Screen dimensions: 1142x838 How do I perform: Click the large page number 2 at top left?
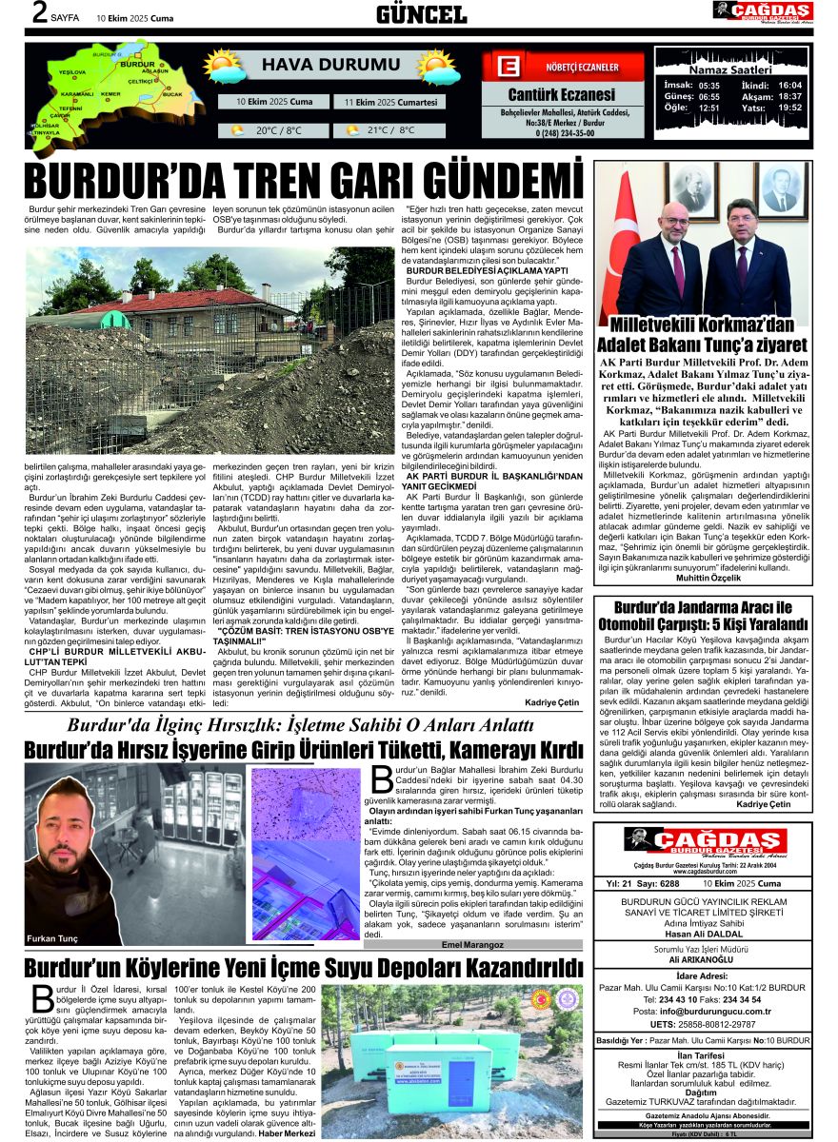pos(40,13)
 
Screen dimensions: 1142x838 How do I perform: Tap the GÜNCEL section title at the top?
pos(421,13)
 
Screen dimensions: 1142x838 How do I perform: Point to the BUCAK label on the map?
pos(173,95)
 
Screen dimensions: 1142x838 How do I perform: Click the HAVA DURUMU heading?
pos(317,66)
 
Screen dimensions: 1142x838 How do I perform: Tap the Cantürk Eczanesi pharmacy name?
pos(561,95)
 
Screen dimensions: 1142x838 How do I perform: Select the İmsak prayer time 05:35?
pos(708,85)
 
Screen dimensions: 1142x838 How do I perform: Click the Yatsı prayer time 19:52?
pos(789,108)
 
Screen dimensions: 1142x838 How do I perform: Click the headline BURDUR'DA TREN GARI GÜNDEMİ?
pos(303,180)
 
